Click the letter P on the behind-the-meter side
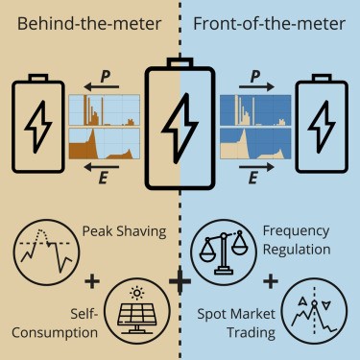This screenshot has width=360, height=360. pos(107,73)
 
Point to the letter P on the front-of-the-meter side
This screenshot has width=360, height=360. pos(252,73)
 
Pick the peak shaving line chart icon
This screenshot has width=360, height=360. pos(43,255)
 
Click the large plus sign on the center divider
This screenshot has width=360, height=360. pos(180,281)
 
